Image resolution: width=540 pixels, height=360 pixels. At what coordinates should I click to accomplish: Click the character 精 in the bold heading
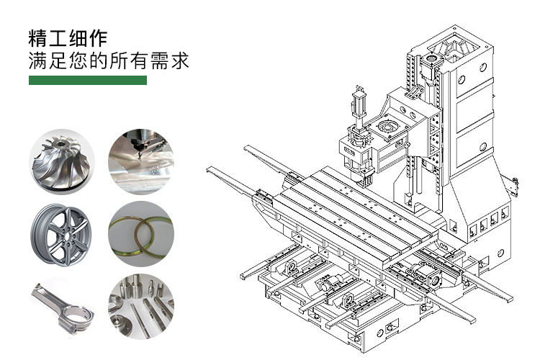pos(37,38)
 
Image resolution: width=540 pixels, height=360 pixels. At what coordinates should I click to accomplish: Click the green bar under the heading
pos(87,81)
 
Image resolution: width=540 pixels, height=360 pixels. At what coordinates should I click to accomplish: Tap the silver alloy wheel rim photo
pos(61,233)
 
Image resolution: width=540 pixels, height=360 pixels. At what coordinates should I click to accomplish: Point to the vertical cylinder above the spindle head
pos(359,108)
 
